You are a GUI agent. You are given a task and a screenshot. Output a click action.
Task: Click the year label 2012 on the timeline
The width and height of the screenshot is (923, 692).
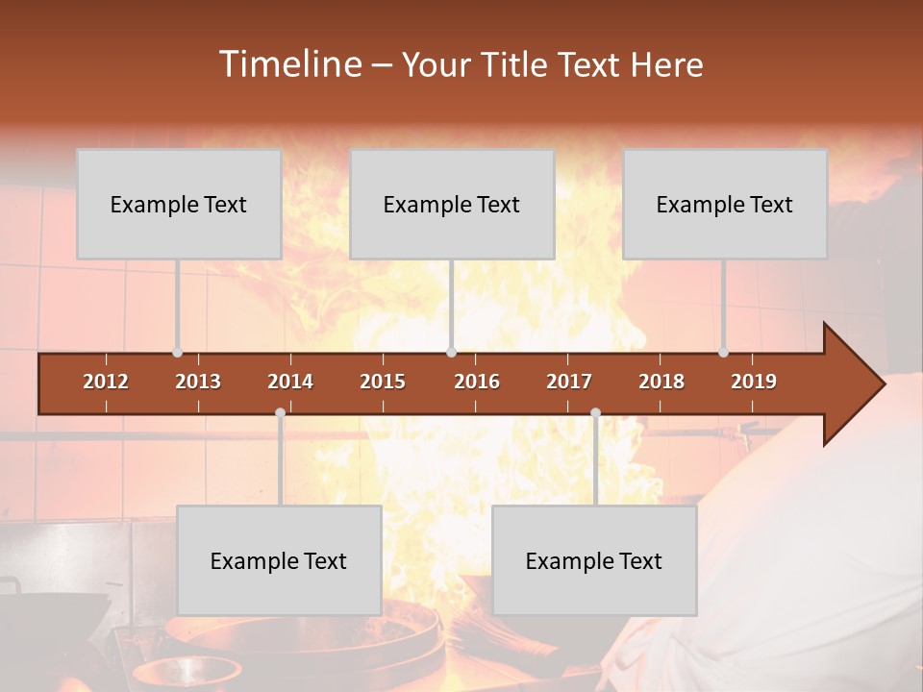[x=106, y=382]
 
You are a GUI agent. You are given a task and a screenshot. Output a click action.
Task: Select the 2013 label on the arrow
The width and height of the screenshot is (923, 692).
[x=198, y=382]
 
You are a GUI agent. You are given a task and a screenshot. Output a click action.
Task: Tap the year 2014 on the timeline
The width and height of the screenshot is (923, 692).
[x=290, y=382]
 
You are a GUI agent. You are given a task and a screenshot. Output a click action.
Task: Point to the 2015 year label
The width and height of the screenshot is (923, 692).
[x=383, y=382]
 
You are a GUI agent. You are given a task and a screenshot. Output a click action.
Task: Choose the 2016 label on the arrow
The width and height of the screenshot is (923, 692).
[x=477, y=382]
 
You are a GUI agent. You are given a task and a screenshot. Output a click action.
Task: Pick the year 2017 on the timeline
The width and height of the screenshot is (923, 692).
[x=569, y=382]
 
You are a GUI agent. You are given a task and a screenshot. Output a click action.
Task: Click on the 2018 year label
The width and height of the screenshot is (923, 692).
[x=661, y=382]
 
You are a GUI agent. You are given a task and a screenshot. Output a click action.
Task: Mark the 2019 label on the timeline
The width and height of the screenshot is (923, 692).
[x=754, y=382]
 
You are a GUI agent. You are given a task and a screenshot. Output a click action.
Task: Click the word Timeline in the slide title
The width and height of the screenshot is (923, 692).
[x=288, y=64]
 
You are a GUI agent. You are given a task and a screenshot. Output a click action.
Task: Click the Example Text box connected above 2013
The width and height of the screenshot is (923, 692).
[x=179, y=204]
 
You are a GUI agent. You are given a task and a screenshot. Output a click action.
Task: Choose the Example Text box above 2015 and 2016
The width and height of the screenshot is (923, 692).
[x=452, y=204]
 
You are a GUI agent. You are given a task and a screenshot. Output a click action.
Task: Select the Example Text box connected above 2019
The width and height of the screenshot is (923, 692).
[x=725, y=204]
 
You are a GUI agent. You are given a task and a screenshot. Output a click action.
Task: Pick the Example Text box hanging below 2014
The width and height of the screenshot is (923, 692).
[x=279, y=560]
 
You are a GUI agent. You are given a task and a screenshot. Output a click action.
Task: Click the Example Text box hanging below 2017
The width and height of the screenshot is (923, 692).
[x=594, y=560]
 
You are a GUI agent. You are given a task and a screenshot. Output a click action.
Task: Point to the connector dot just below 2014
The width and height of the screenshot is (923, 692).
[x=280, y=413]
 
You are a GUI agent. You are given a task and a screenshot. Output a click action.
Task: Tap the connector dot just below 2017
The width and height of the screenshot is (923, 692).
[x=595, y=413]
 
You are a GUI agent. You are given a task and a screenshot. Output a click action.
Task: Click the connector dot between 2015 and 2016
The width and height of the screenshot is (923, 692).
[x=451, y=353]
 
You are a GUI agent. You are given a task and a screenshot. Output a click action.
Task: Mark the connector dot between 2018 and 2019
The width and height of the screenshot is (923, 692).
[x=723, y=353]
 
